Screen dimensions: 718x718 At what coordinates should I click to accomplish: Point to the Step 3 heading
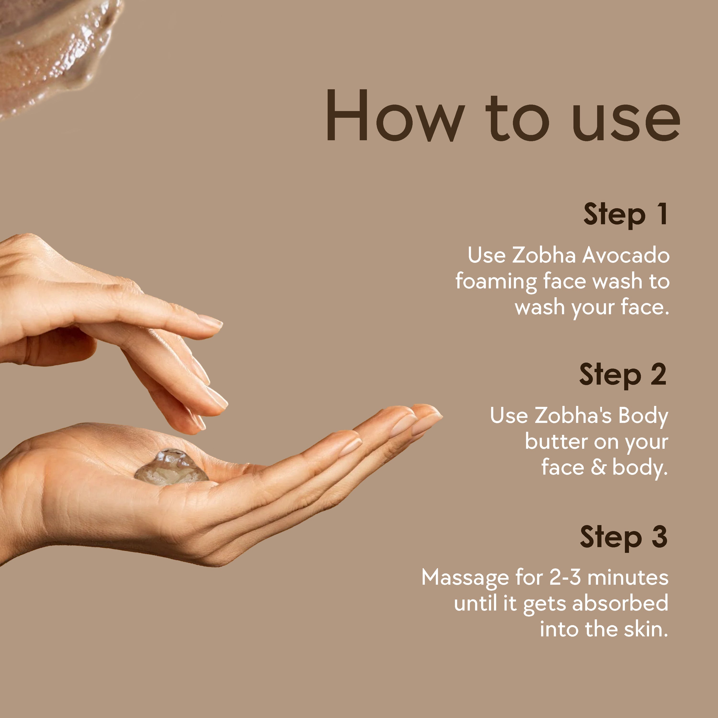point(624,537)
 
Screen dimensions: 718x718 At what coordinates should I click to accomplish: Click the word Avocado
point(626,255)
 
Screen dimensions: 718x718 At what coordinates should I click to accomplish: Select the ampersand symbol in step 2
point(598,467)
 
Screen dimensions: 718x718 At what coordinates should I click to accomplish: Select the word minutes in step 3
point(628,578)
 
